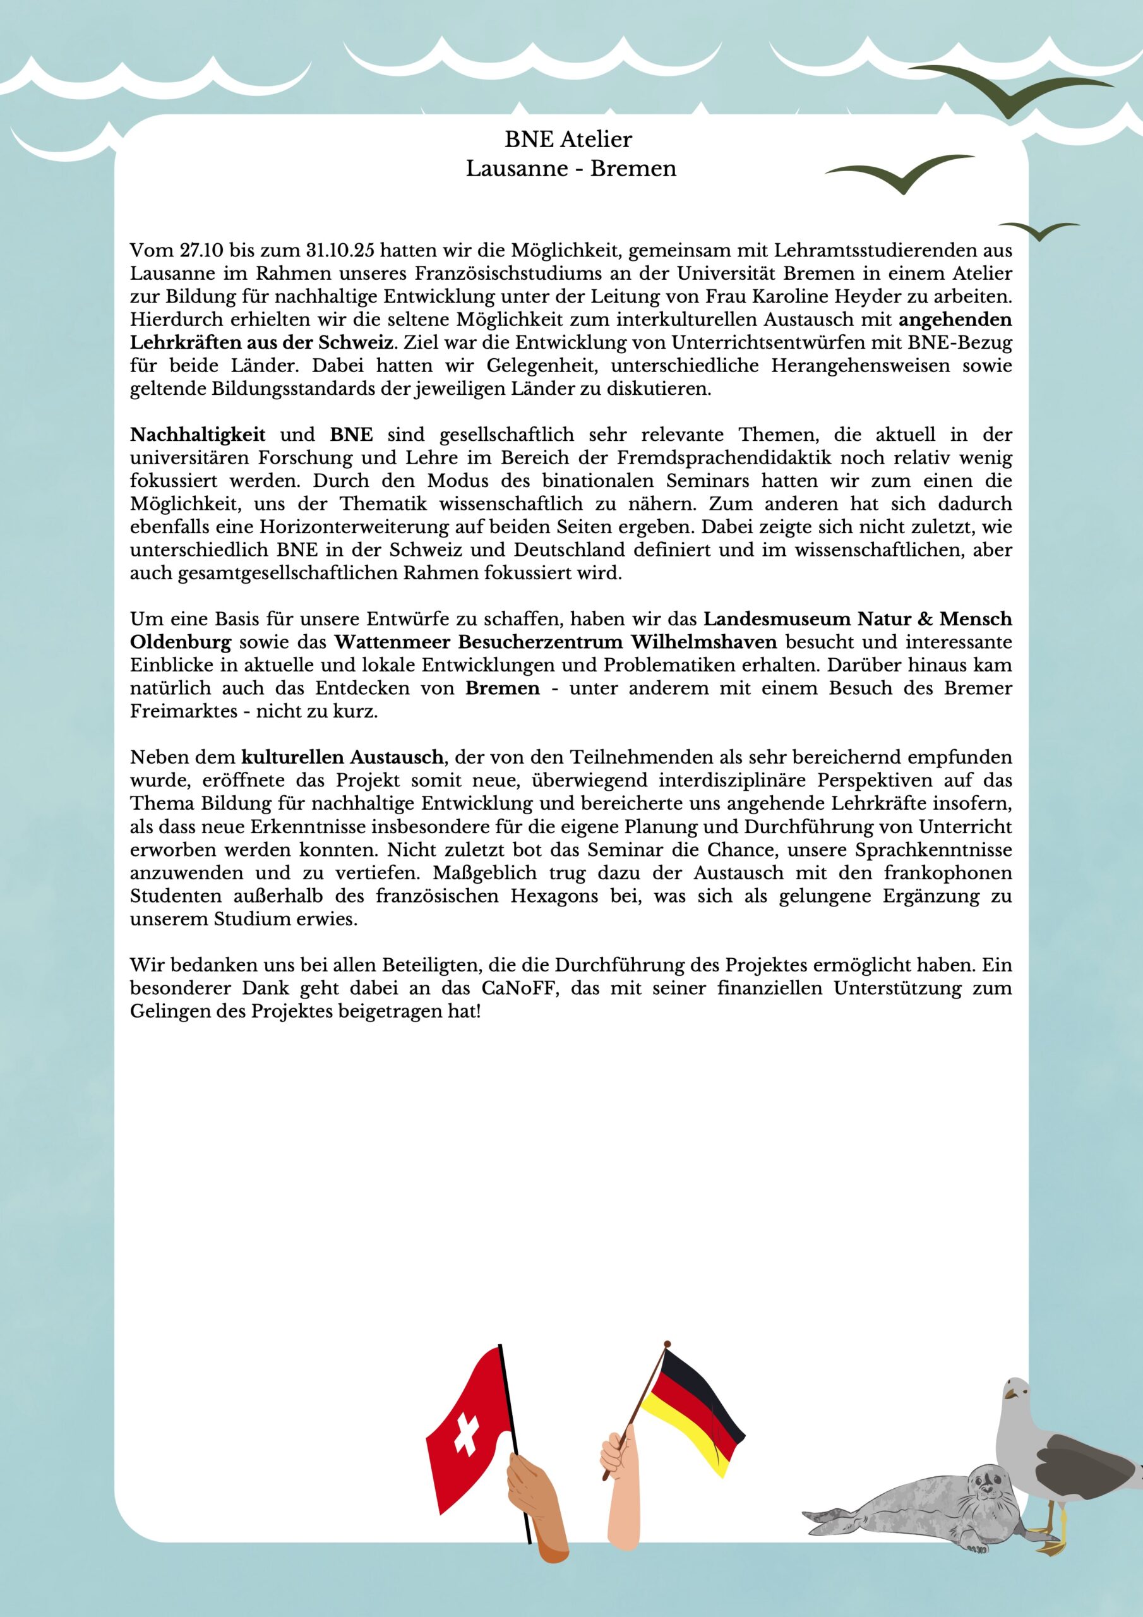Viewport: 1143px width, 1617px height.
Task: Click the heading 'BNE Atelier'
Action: click(x=568, y=140)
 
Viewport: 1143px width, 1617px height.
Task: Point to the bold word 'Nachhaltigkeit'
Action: click(x=198, y=435)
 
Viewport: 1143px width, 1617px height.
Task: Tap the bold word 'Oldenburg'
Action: click(x=180, y=642)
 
